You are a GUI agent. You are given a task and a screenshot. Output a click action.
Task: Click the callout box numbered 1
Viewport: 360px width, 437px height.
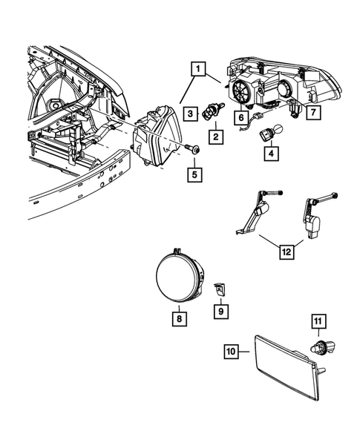pos(197,71)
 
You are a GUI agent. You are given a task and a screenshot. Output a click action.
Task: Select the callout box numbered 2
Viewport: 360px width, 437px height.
pos(215,137)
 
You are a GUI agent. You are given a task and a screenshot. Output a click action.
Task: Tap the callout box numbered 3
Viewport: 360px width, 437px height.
pos(191,113)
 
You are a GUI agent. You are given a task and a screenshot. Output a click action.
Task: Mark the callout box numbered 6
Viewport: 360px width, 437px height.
pos(240,116)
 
